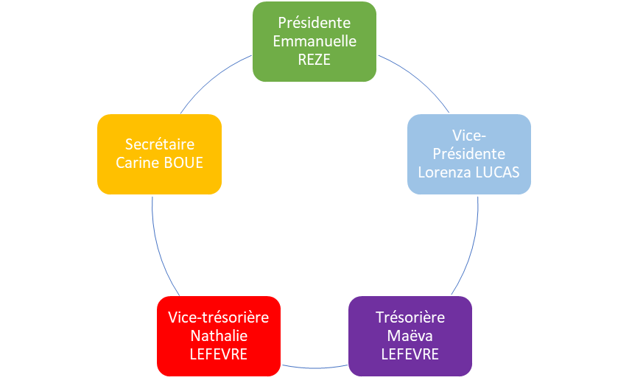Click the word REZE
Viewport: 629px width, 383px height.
[314, 60]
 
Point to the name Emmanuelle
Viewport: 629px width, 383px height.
[314, 41]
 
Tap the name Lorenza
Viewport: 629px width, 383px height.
[443, 172]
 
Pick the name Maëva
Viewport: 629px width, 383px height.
[410, 336]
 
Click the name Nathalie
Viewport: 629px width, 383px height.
[219, 336]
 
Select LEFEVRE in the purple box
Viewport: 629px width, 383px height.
[410, 354]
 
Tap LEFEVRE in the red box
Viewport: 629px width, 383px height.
[219, 354]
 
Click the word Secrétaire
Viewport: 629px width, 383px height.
[160, 144]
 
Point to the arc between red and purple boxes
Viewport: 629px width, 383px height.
[314, 366]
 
